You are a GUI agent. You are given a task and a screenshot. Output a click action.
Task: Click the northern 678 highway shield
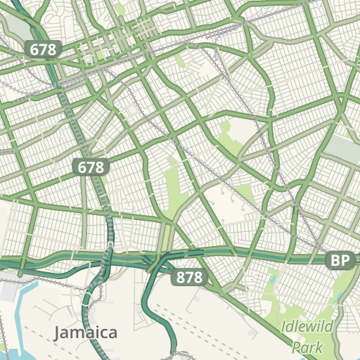pyautogui.click(x=44, y=49)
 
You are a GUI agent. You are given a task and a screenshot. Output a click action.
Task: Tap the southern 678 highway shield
pyautogui.click(x=91, y=167)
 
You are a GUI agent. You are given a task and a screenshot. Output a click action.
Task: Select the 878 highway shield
pyautogui.click(x=189, y=278)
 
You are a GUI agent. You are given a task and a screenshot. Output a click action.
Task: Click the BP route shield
pyautogui.click(x=340, y=261)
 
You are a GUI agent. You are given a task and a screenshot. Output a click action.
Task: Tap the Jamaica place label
pyautogui.click(x=86, y=332)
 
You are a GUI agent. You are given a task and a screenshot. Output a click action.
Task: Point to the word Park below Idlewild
pyautogui.click(x=307, y=347)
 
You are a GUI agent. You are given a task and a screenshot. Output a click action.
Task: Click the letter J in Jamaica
pyautogui.click(x=58, y=332)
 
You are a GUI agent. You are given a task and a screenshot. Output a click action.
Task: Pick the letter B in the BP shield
pyautogui.click(x=335, y=261)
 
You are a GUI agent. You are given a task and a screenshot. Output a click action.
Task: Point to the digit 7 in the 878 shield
pyautogui.click(x=189, y=278)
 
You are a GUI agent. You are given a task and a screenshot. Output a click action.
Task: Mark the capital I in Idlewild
pyautogui.click(x=283, y=328)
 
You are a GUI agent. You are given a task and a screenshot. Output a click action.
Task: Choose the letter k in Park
pyautogui.click(x=319, y=347)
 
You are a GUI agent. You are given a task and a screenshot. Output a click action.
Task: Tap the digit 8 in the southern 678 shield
pyautogui.click(x=98, y=167)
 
